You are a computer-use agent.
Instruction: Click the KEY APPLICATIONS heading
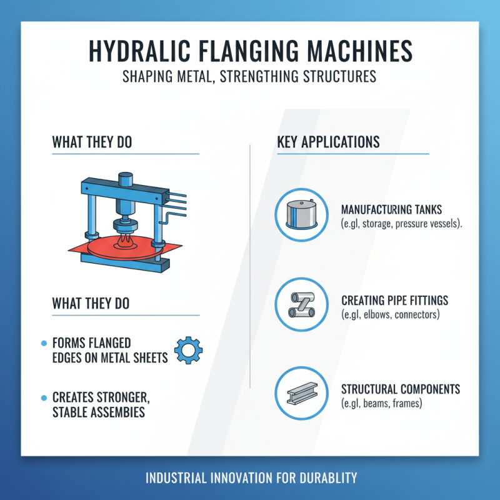[328, 142]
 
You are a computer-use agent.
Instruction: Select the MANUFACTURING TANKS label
[391, 210]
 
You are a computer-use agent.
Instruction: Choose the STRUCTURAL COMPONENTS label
[401, 389]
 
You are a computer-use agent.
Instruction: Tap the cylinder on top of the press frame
[124, 179]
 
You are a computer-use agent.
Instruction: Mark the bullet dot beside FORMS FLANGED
[43, 344]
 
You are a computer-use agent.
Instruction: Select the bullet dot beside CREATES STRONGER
[43, 397]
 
